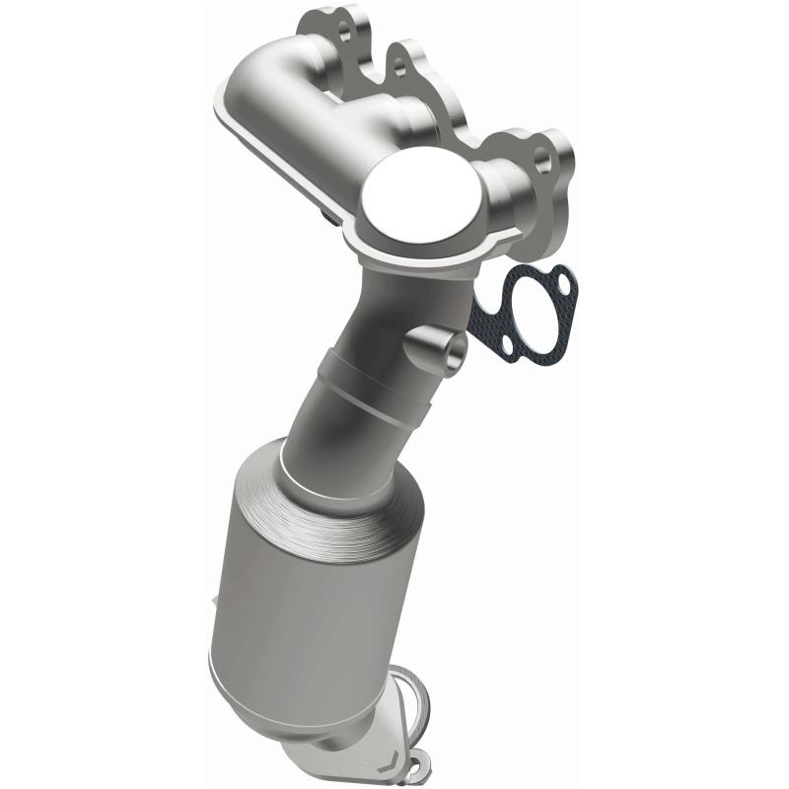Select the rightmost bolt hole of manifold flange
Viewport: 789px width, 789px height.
540,155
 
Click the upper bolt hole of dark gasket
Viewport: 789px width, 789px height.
563,284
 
